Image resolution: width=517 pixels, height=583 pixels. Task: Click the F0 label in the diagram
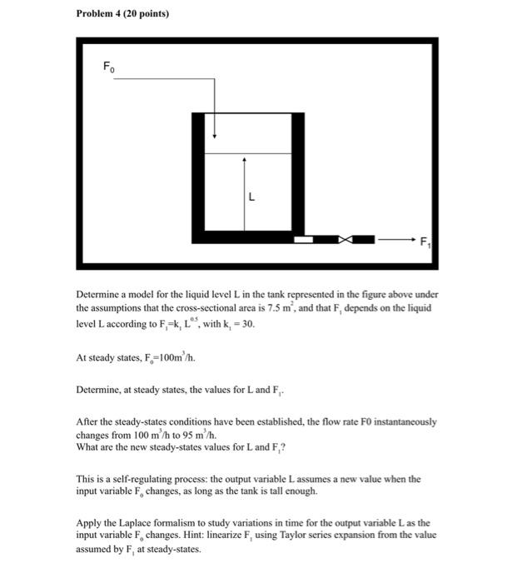pyautogui.click(x=107, y=66)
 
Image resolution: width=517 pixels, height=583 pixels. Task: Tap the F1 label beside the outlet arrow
pyautogui.click(x=425, y=243)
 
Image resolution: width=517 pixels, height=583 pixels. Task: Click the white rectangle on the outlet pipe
pyautogui.click(x=304, y=240)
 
